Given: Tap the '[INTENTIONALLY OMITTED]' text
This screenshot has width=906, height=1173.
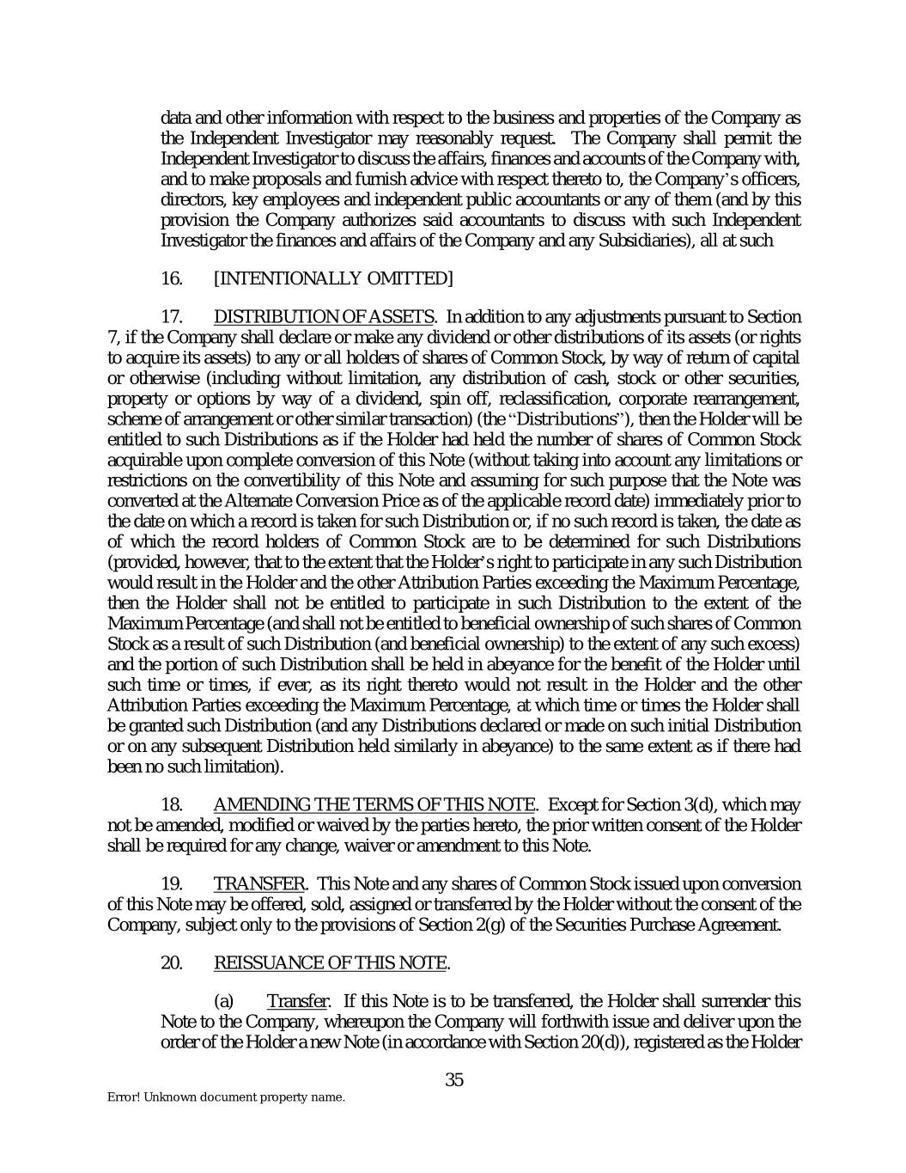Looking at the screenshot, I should coord(332,278).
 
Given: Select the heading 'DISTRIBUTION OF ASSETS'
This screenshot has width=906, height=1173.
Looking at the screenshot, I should coord(324,317).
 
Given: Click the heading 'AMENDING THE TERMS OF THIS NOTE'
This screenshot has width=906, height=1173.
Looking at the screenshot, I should coord(374,805).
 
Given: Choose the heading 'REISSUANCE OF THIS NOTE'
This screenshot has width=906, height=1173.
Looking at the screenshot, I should coord(331,963).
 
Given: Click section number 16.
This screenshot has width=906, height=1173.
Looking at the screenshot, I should coord(172,278).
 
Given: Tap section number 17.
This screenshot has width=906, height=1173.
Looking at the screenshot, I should coord(172,317).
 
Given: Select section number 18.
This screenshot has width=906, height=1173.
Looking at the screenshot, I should coord(172,805).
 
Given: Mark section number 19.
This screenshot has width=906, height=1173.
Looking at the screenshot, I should coord(172,884).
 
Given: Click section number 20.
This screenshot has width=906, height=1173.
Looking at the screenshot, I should coord(172,963).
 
